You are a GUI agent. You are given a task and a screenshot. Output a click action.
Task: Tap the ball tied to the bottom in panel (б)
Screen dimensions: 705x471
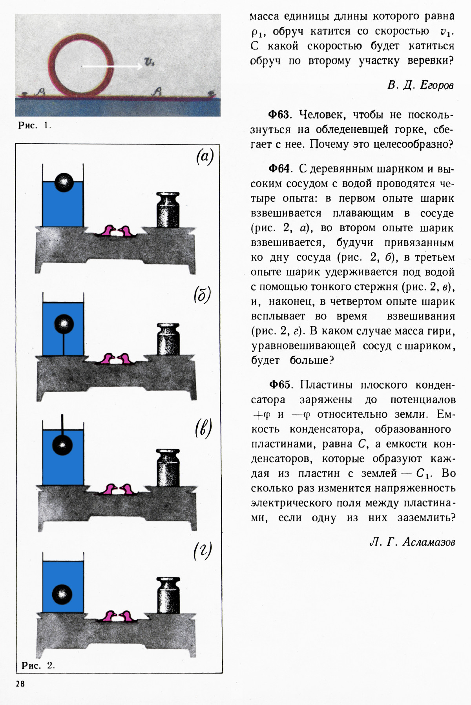pyautogui.click(x=64, y=324)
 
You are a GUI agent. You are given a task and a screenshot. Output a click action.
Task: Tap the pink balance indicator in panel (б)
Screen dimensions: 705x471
pyautogui.click(x=117, y=359)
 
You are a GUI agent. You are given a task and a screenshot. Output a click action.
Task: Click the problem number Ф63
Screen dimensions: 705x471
pyautogui.click(x=279, y=115)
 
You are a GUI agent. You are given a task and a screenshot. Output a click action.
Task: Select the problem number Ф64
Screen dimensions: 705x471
pyautogui.click(x=279, y=169)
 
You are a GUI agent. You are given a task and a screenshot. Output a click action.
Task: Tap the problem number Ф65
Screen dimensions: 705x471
pyautogui.click(x=279, y=385)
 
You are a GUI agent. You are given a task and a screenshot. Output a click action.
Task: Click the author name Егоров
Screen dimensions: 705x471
pyautogui.click(x=436, y=85)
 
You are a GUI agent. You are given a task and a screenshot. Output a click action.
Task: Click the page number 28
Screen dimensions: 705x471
pyautogui.click(x=20, y=683)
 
